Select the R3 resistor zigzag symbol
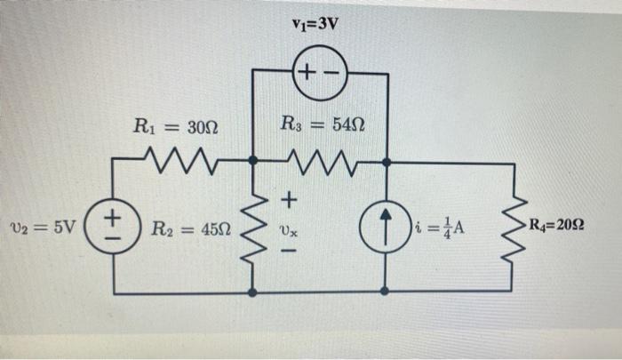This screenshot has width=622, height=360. tap(320, 162)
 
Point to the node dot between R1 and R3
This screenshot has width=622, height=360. tap(254, 162)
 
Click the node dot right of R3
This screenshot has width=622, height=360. tap(387, 162)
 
